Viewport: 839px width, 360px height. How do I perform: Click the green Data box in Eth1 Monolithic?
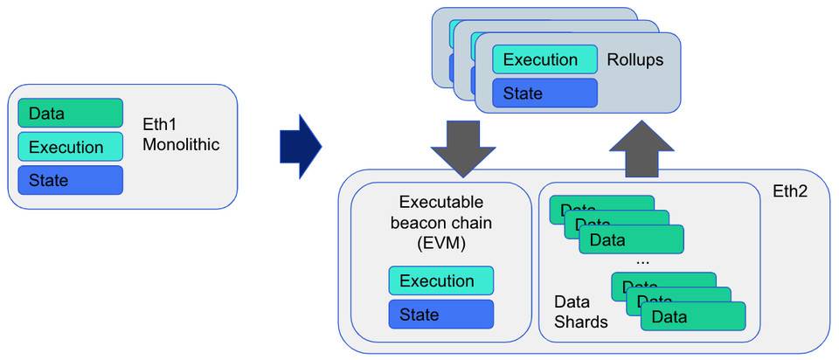(70, 113)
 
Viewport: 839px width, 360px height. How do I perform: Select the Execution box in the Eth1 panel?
(70, 147)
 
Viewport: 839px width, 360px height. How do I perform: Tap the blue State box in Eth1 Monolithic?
(70, 180)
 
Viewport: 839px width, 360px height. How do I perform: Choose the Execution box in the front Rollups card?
(544, 60)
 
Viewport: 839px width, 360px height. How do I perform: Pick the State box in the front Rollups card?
(544, 93)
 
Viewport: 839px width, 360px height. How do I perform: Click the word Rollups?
(635, 60)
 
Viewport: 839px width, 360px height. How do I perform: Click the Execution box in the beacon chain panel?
(441, 281)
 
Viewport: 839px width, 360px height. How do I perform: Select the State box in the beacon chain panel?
(441, 314)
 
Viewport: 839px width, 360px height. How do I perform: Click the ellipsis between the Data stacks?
(643, 260)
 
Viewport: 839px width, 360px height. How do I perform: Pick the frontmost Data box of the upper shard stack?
(631, 239)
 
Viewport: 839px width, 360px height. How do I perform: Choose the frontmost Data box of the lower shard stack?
(692, 316)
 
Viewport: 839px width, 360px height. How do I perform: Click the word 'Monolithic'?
(182, 144)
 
